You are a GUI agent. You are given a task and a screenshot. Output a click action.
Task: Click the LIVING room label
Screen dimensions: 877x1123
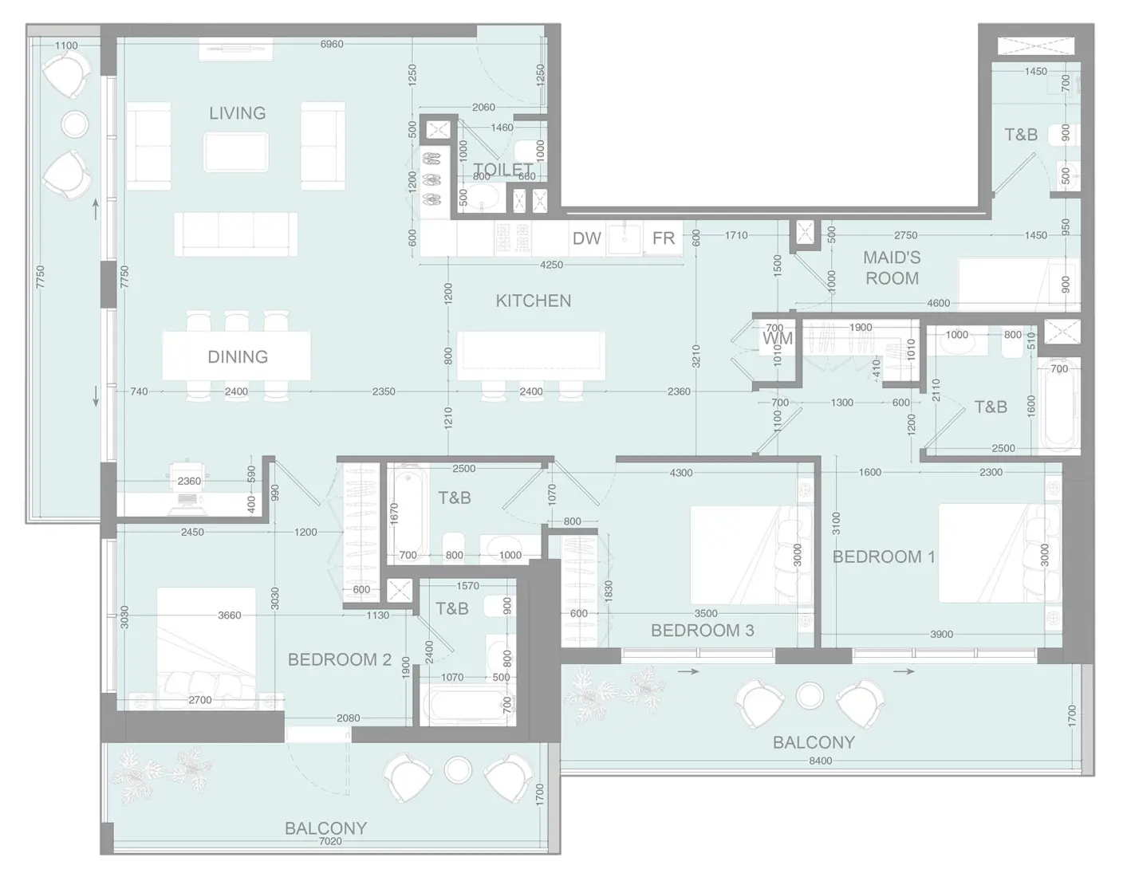237,113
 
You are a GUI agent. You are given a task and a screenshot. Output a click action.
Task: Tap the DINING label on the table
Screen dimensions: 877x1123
237,356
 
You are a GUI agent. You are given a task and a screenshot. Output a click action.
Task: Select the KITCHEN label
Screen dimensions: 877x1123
533,301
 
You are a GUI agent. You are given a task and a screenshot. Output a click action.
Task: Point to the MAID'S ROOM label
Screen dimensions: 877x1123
892,268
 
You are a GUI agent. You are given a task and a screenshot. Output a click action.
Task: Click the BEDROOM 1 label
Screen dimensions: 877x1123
883,556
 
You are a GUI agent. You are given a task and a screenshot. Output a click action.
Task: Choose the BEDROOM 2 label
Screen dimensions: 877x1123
339,659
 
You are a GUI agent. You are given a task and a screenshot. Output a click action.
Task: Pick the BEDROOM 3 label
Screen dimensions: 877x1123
702,631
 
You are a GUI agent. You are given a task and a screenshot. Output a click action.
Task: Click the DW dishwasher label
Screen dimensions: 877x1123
586,238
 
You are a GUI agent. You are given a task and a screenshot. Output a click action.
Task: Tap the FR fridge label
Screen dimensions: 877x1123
663,238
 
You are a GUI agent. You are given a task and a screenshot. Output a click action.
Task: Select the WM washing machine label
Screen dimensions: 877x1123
778,339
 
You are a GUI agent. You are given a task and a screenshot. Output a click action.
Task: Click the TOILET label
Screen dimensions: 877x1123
502,169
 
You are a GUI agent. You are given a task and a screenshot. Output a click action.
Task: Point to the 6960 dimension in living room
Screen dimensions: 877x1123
332,44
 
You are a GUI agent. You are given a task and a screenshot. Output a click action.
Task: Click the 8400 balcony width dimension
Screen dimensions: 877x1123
820,761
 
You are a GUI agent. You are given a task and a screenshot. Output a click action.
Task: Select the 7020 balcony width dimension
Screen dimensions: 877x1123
329,841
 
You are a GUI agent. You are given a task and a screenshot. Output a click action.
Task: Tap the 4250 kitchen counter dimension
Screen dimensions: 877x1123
551,265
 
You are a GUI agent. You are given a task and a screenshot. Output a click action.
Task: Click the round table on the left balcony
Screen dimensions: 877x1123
75,124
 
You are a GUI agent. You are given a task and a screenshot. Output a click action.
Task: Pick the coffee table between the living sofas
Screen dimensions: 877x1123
235,151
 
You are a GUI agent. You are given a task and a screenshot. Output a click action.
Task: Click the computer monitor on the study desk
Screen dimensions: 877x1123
188,500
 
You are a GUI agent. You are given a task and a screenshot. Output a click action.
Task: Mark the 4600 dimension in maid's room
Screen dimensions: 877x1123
938,303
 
